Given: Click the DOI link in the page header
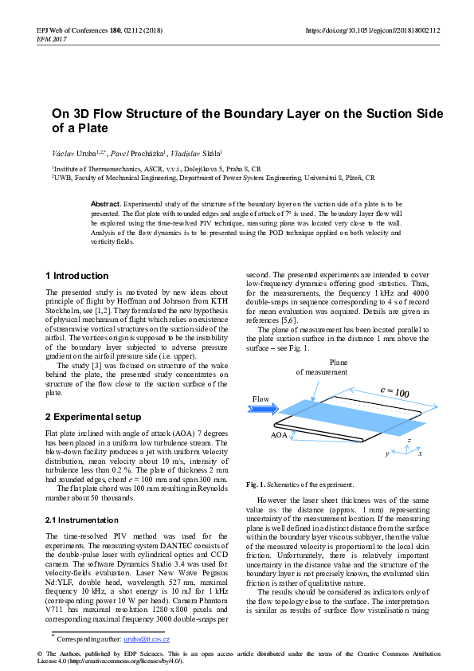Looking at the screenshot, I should [373, 30].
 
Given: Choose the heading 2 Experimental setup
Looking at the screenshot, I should [93, 417].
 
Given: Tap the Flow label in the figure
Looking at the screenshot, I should [261, 398].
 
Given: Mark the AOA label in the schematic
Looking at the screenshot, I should [279, 436].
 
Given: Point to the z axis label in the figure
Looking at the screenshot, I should [409, 439].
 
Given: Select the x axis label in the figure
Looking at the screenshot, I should [420, 453].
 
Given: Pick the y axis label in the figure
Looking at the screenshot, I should [387, 453].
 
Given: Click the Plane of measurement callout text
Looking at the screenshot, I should [322, 367].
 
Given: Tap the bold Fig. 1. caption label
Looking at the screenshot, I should [257, 485].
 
